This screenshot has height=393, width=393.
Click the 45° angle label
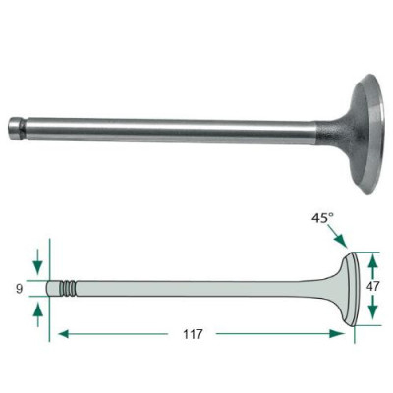(x=322, y=218)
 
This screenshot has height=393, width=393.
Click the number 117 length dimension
(x=193, y=334)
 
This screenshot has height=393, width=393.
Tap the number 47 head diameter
(x=372, y=287)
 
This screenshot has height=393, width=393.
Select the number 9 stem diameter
(x=20, y=289)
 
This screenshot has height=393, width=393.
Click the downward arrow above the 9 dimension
(x=38, y=261)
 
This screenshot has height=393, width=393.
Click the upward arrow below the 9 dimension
(x=38, y=314)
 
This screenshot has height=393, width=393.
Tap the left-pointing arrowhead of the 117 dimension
(x=64, y=334)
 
